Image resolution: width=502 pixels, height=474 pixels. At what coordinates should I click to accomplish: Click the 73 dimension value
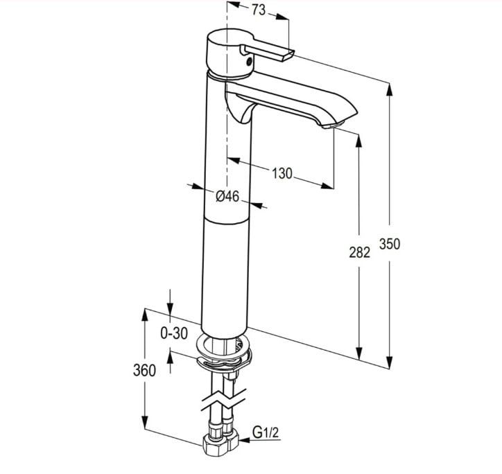(x=258, y=10)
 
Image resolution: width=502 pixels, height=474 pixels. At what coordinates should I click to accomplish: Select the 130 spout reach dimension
(x=282, y=173)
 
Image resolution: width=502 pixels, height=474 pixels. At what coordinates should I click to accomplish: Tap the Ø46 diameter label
(x=227, y=196)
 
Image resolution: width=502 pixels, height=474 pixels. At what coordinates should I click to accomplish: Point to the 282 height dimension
(x=359, y=252)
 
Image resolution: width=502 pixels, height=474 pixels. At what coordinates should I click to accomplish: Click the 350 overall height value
(x=390, y=244)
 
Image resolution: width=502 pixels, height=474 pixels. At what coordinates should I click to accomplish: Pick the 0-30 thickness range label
(x=174, y=333)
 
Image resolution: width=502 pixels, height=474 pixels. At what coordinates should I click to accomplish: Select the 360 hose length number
(x=144, y=371)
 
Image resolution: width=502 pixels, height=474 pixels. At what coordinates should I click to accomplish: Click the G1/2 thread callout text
(x=266, y=432)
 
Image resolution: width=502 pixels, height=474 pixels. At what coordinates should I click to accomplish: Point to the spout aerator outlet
(x=333, y=125)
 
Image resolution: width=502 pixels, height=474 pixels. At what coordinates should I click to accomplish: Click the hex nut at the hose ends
(x=220, y=444)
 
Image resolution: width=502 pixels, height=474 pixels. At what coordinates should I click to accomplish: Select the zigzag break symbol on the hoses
(x=223, y=400)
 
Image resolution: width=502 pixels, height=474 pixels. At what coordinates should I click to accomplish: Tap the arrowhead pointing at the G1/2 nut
(x=245, y=441)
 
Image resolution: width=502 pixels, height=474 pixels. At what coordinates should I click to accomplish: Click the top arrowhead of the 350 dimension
(x=389, y=89)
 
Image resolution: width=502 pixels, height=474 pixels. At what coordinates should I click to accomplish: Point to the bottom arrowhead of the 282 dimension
(x=359, y=354)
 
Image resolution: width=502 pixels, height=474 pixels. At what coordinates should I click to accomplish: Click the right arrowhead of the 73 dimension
(x=282, y=17)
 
